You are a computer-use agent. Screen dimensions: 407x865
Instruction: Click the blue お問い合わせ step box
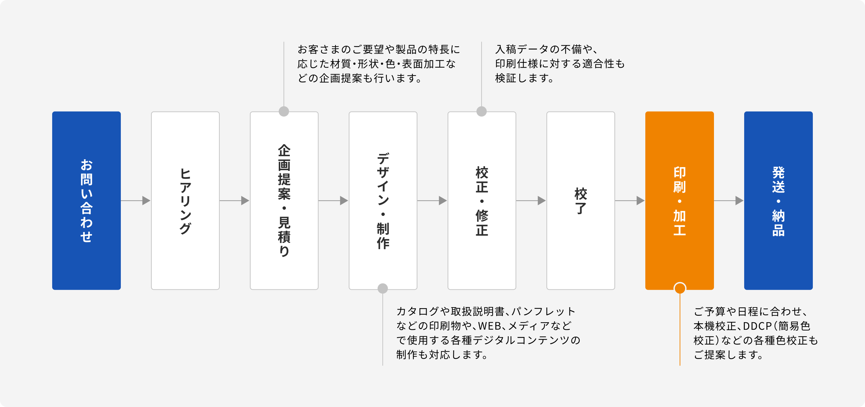click(86, 200)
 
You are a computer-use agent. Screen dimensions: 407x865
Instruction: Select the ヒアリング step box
click(185, 200)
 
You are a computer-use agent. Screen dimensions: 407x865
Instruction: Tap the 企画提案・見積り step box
click(284, 200)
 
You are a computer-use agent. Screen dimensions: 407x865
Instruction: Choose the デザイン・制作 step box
click(383, 200)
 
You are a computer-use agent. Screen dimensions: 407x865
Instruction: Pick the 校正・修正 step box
click(482, 200)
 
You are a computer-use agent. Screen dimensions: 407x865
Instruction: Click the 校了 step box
click(581, 200)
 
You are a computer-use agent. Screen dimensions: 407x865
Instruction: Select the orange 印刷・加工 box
click(680, 200)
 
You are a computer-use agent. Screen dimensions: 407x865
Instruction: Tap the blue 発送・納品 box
click(778, 200)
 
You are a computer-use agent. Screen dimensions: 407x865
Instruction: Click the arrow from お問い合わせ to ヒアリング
click(136, 200)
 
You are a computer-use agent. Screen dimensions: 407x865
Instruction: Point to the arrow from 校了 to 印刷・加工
click(630, 200)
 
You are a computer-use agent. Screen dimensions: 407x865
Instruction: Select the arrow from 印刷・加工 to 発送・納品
click(729, 200)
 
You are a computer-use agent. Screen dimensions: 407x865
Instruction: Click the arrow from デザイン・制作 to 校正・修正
click(432, 200)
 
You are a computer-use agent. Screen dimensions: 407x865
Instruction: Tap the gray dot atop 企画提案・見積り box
click(284, 112)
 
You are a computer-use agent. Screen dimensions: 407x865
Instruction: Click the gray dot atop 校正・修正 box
click(482, 112)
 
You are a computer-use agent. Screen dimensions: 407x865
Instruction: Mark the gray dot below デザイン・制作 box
click(383, 289)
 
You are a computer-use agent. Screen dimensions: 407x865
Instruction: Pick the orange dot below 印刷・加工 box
click(680, 288)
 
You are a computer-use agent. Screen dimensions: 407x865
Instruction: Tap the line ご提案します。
click(728, 355)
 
